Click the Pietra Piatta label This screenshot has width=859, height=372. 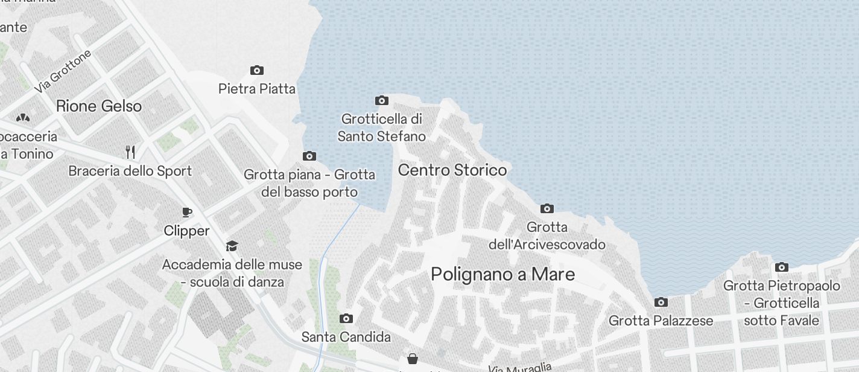click(257, 89)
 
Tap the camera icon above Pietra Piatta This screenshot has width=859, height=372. click(257, 71)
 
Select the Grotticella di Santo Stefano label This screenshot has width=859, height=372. click(381, 127)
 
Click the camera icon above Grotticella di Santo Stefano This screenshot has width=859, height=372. click(382, 100)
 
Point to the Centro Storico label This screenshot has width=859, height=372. click(452, 170)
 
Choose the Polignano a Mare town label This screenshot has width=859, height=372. click(502, 274)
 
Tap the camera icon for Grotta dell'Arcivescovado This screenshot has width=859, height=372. click(547, 209)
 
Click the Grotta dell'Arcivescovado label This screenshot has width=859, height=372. click(547, 236)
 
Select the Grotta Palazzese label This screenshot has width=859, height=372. click(661, 321)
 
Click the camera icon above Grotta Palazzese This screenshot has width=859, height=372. click(661, 302)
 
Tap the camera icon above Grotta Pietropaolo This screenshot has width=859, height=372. click(782, 267)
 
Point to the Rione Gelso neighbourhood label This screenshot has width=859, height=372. click(99, 106)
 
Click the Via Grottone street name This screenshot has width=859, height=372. click(63, 71)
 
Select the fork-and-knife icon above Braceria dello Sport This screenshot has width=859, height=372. click(130, 152)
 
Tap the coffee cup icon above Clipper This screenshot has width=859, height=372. click(187, 212)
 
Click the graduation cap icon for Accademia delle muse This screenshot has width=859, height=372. click(232, 246)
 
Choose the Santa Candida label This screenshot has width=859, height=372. click(346, 337)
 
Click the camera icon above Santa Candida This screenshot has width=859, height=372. click(346, 318)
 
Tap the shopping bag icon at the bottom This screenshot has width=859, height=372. click(413, 359)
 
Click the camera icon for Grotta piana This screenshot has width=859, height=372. click(309, 156)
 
